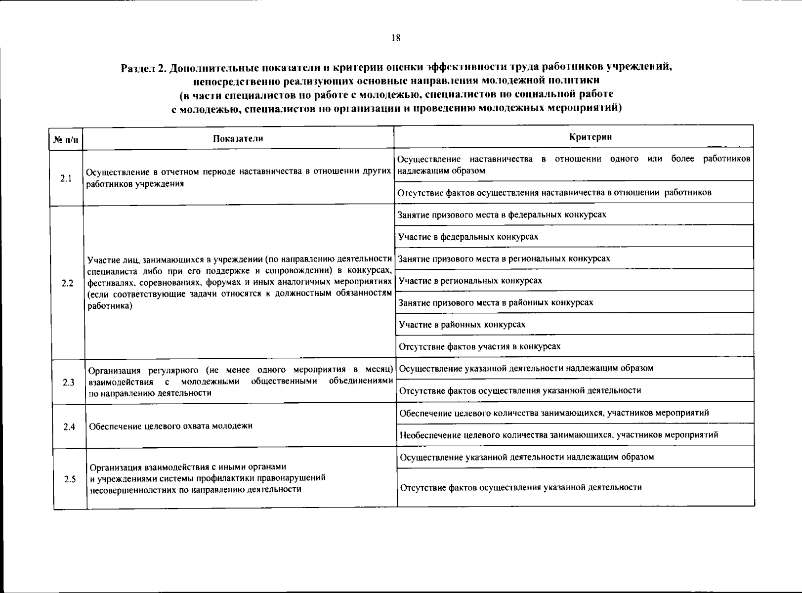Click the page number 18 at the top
pos(395,38)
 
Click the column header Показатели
pos(238,138)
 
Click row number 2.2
pos(68,283)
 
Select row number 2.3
pos(69,382)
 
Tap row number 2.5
pos(70,479)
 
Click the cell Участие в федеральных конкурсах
pos(468,237)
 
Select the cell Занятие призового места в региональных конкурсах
pos(504,258)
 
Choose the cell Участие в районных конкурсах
pos(462,324)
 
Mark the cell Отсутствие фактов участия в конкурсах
pos(480,346)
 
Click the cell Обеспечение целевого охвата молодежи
pos(171,426)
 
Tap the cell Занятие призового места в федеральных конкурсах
pos(502,214)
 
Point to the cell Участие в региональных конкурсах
pos(470,281)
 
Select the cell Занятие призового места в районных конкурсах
pos(496,302)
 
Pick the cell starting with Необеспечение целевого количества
pos(559,435)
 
